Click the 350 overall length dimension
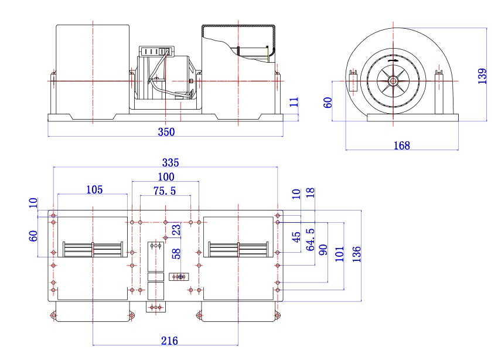pyautogui.click(x=166, y=132)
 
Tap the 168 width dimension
pyautogui.click(x=402, y=145)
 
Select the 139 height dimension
pyautogui.click(x=482, y=76)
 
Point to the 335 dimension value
pyautogui.click(x=170, y=162)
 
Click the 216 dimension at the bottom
pyautogui.click(x=169, y=341)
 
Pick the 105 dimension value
pyautogui.click(x=95, y=190)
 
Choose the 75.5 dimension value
pyautogui.click(x=165, y=191)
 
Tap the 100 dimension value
pyautogui.click(x=166, y=176)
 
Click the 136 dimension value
pyautogui.click(x=357, y=254)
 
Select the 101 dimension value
pyautogui.click(x=339, y=254)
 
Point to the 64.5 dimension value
pyautogui.click(x=311, y=240)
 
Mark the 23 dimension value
pyautogui.click(x=176, y=229)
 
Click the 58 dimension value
pyautogui.click(x=176, y=253)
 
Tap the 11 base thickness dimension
pyautogui.click(x=295, y=102)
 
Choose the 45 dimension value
pyautogui.click(x=296, y=237)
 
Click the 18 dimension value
pyautogui.click(x=311, y=192)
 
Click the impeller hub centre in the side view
pyautogui.click(x=393, y=81)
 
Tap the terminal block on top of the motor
pyautogui.click(x=156, y=51)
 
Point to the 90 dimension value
pyautogui.click(x=323, y=250)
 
